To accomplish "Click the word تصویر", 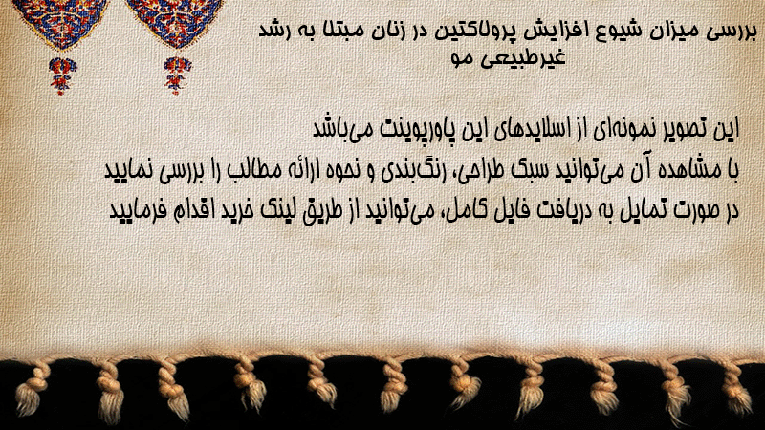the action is [689, 129].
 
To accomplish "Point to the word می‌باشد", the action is [340, 128].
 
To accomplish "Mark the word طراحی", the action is [470, 171].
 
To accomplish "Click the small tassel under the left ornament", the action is [61, 75].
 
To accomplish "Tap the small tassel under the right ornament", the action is [177, 75].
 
